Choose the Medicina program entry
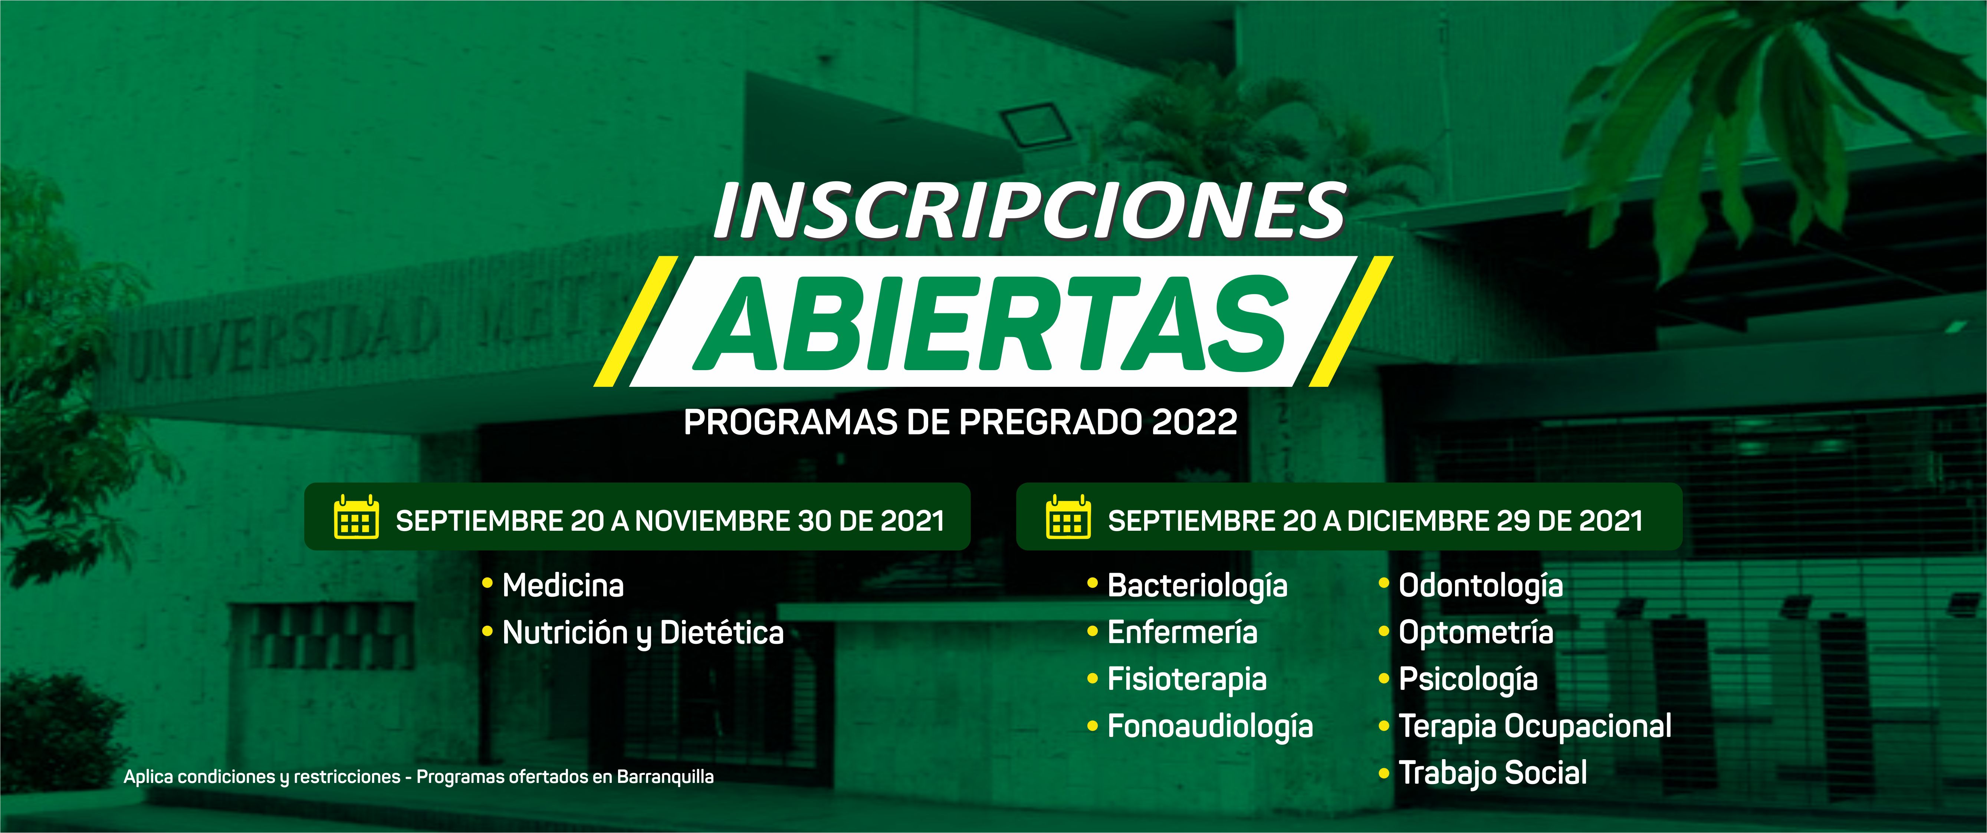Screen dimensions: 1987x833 (x=563, y=585)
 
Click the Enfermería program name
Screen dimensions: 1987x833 (x=1182, y=632)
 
